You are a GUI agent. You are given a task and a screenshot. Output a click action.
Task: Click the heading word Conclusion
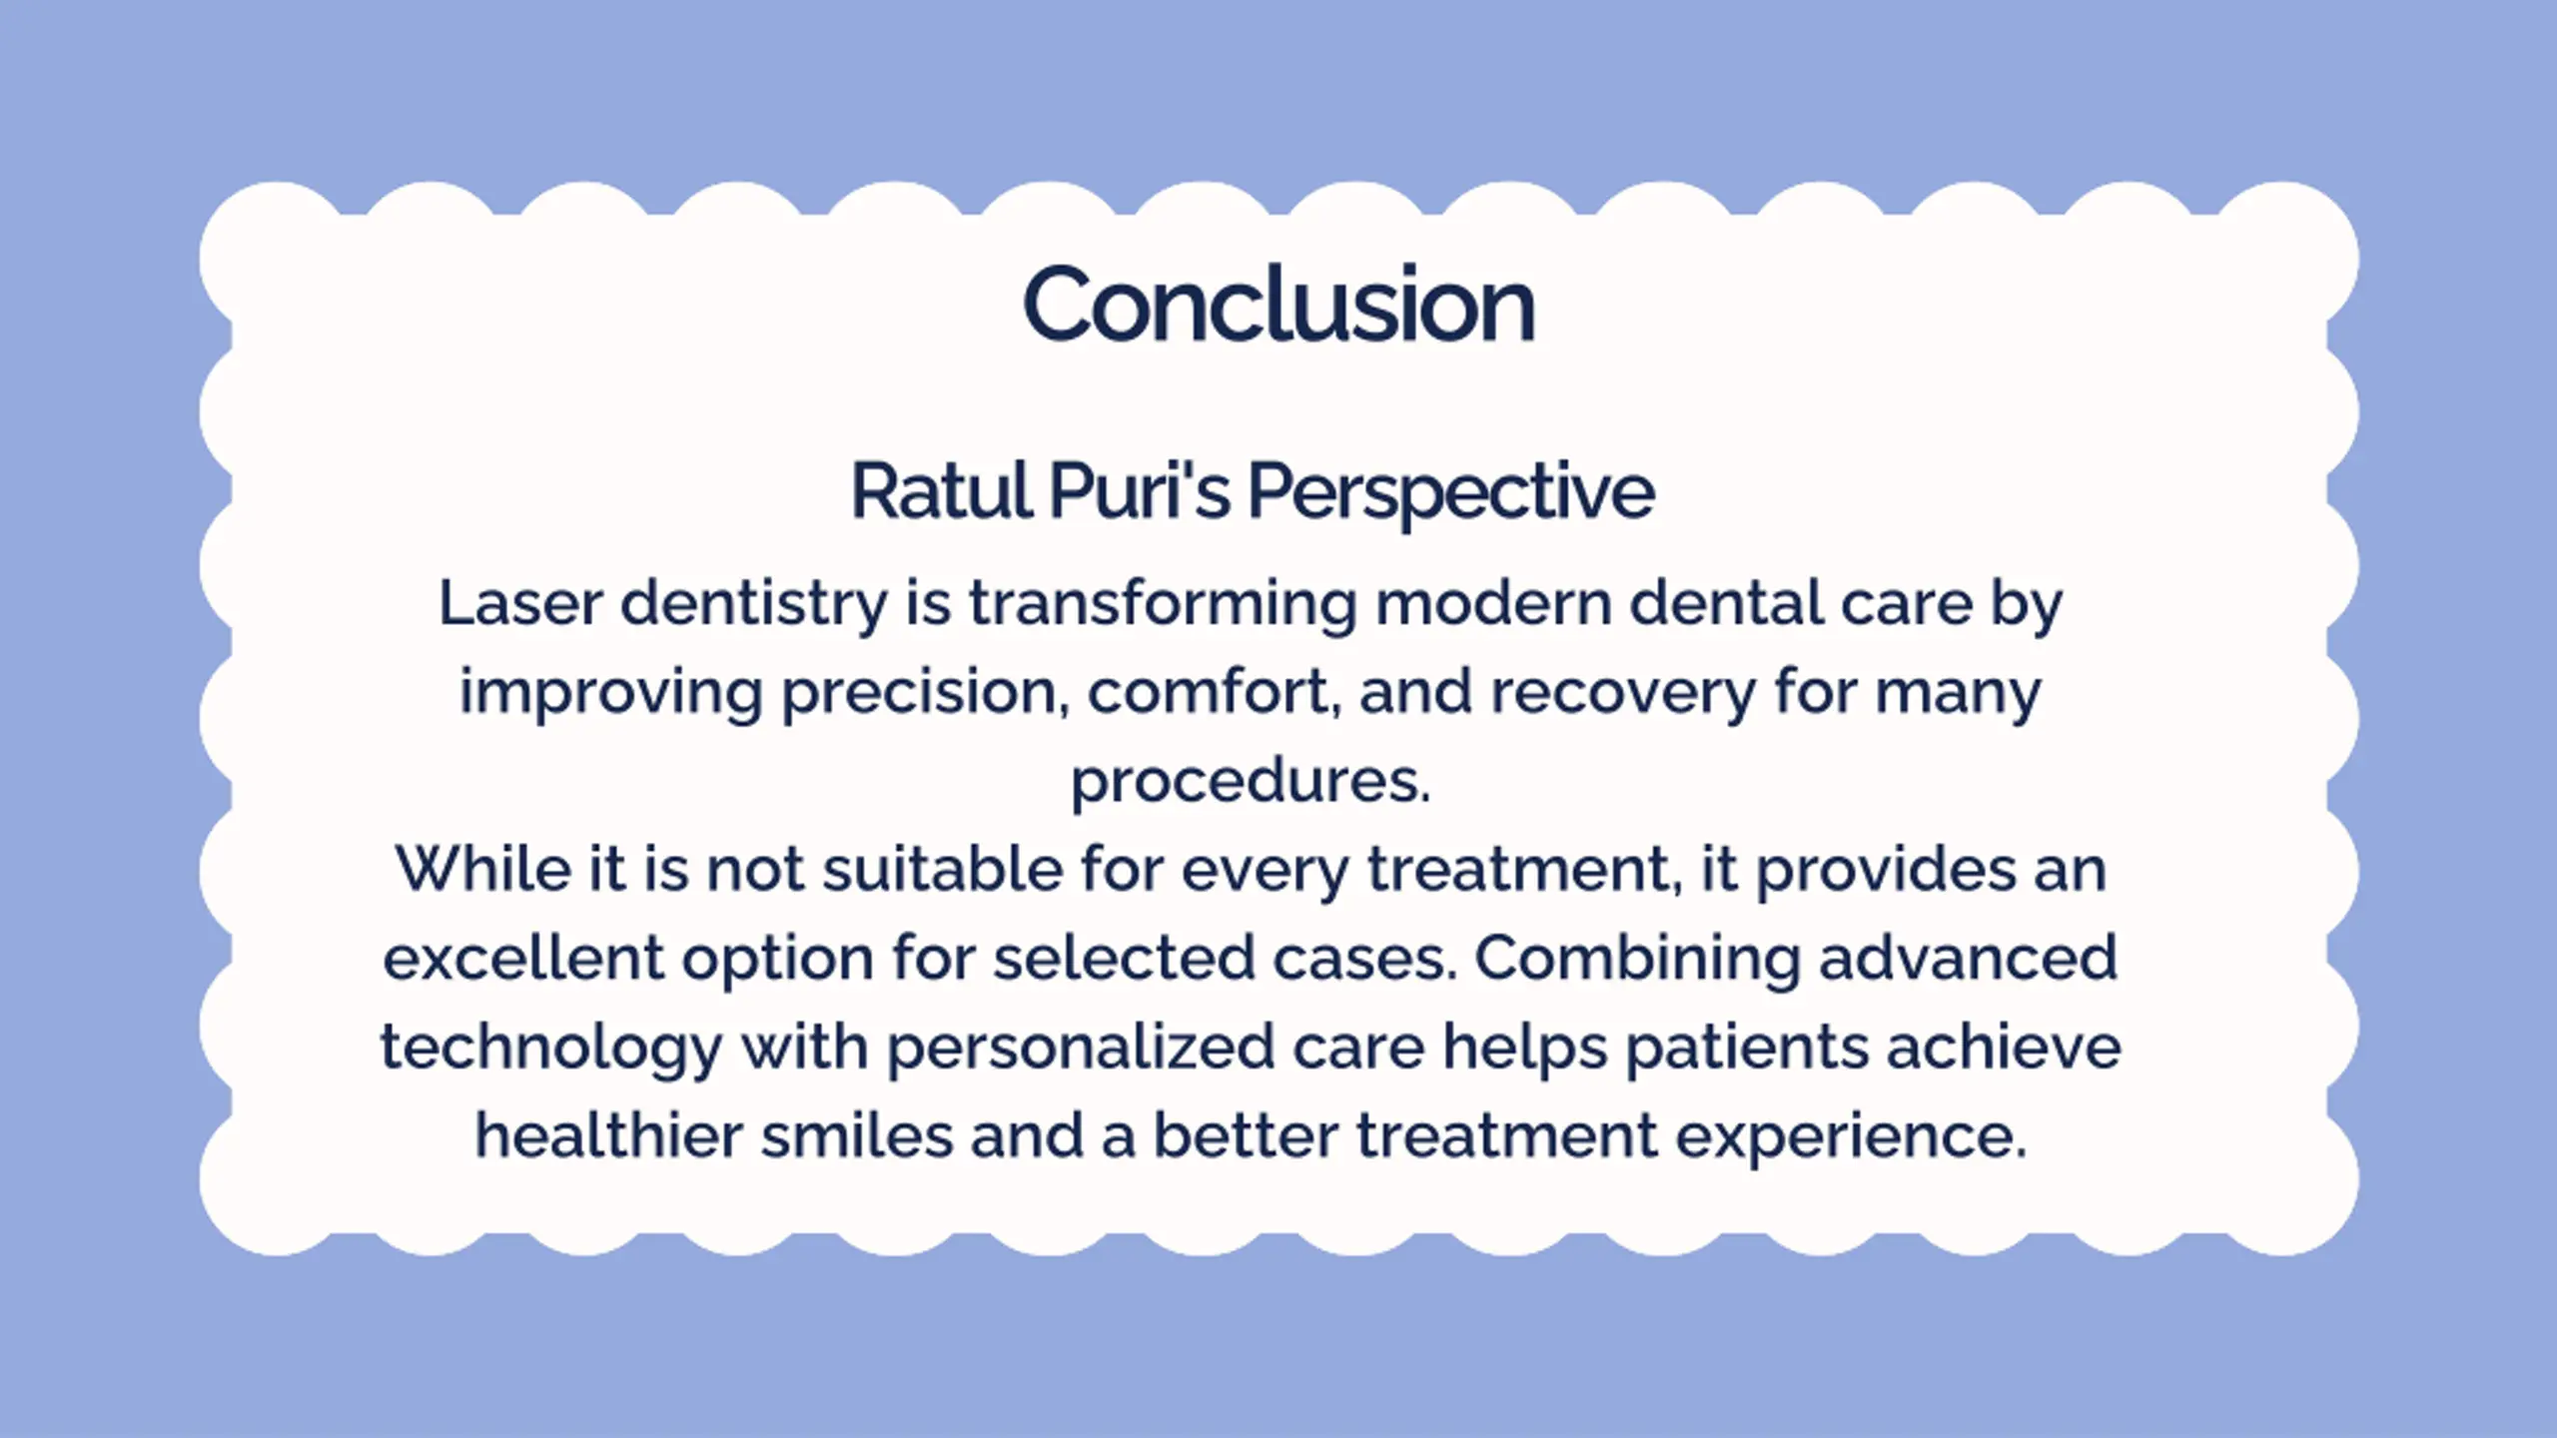coord(1278,304)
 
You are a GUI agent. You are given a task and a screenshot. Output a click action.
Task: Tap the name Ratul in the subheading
coord(941,490)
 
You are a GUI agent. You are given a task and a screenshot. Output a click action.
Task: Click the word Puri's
coord(1140,490)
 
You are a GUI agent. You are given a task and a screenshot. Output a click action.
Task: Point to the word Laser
coord(520,603)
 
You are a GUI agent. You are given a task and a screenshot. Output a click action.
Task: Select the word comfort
coord(1214,691)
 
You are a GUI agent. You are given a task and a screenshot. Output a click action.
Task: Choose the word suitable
coord(943,869)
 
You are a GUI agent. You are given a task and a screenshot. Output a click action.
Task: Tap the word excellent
coord(523,958)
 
